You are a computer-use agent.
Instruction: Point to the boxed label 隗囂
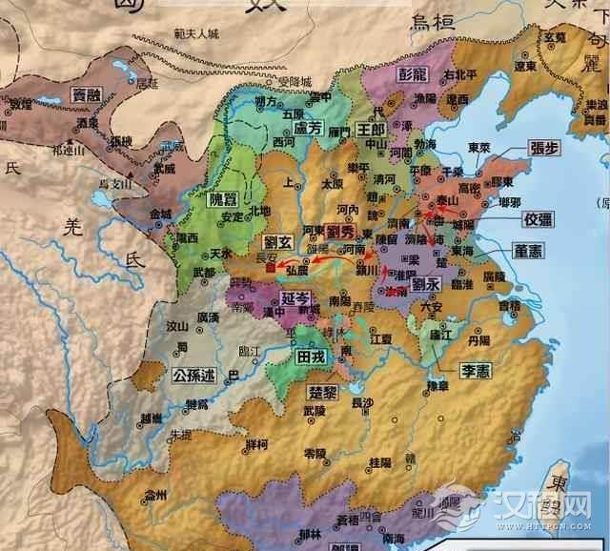click(224, 200)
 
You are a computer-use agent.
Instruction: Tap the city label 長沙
click(362, 403)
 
